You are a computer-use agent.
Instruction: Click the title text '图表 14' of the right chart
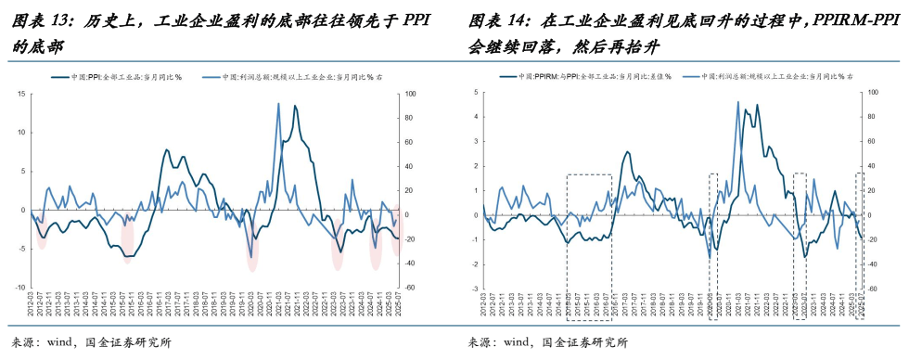tap(498, 20)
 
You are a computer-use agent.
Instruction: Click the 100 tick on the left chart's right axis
tap(412, 94)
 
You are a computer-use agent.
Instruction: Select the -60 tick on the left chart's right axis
tap(411, 288)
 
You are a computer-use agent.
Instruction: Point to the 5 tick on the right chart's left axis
tap(475, 92)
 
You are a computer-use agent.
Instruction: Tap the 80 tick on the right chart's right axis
tap(870, 117)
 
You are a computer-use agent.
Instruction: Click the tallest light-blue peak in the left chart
tap(279, 104)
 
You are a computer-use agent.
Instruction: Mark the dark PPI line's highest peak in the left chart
tap(295, 106)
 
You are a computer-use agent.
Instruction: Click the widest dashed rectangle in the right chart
tap(589, 232)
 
